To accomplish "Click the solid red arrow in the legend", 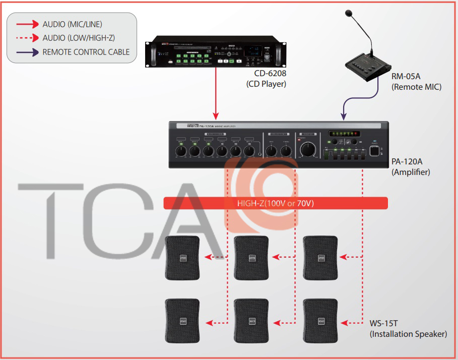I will coord(27,24).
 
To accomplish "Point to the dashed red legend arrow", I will coord(27,37).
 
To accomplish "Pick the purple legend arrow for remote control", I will coord(27,51).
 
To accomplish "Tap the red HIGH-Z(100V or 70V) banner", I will coord(276,203).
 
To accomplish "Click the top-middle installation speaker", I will coord(251,257).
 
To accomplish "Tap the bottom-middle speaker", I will coord(251,320).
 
